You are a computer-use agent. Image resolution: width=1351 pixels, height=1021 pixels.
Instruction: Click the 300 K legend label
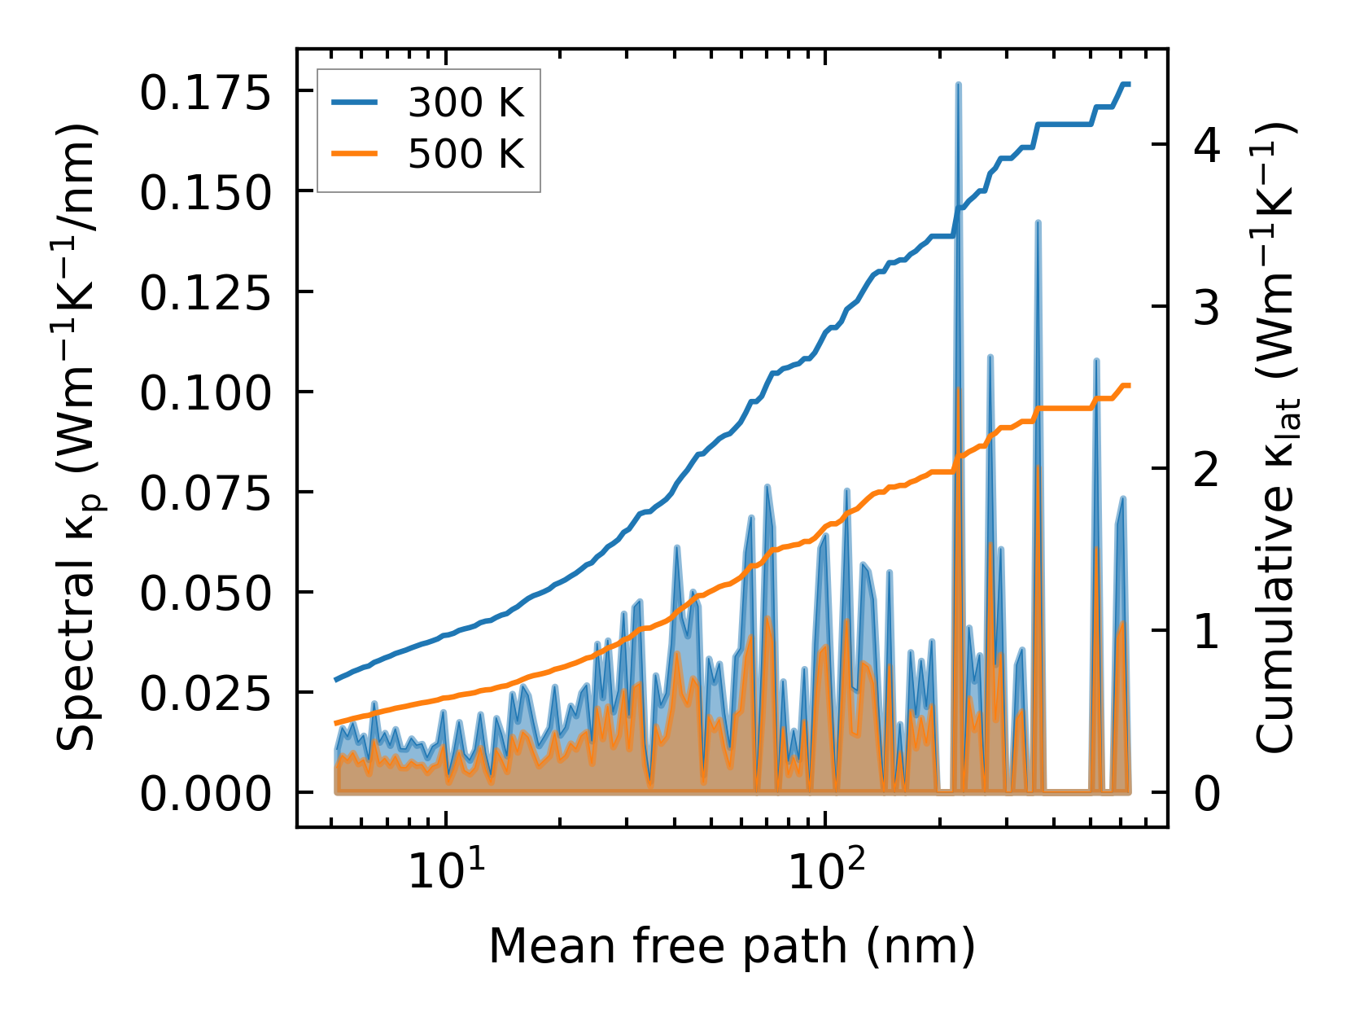[x=466, y=103]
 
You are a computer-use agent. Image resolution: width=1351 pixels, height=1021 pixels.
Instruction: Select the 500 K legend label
[x=466, y=153]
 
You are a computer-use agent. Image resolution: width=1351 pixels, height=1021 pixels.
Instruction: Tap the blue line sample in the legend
[x=354, y=103]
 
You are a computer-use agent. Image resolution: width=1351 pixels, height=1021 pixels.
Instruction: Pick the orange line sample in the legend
[x=354, y=153]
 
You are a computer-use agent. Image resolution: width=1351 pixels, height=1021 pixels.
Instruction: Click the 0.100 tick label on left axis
[x=204, y=393]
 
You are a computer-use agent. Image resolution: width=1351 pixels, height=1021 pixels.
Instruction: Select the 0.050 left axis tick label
[x=204, y=594]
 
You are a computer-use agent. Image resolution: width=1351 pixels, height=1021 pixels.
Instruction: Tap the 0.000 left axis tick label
[x=204, y=794]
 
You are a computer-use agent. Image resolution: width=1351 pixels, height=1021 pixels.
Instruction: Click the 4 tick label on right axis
[x=1207, y=147]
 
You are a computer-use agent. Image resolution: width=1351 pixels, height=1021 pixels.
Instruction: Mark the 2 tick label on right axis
[x=1207, y=470]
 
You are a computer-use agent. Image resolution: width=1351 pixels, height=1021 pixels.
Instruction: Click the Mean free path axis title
[x=731, y=947]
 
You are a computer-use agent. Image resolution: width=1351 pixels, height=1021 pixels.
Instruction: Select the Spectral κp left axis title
[x=80, y=437]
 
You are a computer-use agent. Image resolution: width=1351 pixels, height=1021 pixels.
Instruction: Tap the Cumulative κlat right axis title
[x=1275, y=437]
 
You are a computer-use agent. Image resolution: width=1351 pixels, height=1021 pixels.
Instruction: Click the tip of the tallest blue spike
[x=958, y=84]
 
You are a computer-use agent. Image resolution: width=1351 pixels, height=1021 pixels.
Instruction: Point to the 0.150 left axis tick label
[x=204, y=193]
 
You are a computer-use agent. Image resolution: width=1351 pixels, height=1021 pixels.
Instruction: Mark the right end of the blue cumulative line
[x=1129, y=84]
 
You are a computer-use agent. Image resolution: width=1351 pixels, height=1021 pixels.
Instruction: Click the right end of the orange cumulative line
[x=1129, y=385]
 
